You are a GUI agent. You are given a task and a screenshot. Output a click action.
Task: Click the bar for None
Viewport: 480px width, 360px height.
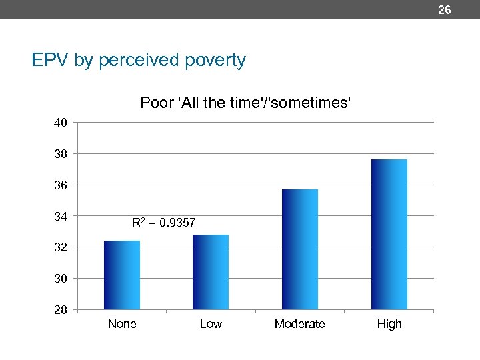pyautogui.click(x=122, y=275)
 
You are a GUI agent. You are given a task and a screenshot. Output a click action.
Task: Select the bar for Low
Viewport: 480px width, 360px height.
pyautogui.click(x=211, y=272)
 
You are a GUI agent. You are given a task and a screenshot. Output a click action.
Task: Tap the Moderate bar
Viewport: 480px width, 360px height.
pyautogui.click(x=300, y=249)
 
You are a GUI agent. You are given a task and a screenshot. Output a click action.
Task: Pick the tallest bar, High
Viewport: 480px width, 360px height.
pyautogui.click(x=389, y=234)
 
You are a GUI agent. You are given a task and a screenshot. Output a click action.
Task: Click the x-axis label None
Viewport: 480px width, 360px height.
pyautogui.click(x=122, y=324)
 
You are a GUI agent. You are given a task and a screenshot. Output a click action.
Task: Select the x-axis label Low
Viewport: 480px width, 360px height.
pyautogui.click(x=211, y=324)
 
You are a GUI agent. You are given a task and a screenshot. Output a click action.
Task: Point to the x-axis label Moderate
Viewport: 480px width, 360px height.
pyautogui.click(x=300, y=324)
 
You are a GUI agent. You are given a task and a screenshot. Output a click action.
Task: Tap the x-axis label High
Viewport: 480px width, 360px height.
pyautogui.click(x=389, y=324)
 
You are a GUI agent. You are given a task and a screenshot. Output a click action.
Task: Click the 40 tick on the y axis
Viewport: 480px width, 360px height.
pyautogui.click(x=61, y=123)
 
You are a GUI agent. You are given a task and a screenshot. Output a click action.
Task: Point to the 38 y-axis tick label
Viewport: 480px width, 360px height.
pyautogui.click(x=61, y=154)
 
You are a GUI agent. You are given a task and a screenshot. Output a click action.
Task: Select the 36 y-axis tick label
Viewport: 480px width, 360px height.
pyautogui.click(x=61, y=185)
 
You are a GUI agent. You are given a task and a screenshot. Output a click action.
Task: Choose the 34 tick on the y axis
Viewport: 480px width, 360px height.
pyautogui.click(x=61, y=216)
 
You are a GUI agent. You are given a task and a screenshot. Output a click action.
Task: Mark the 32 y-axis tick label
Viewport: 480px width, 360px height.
pyautogui.click(x=61, y=247)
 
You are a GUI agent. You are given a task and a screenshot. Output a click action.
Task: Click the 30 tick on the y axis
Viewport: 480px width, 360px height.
pyautogui.click(x=61, y=278)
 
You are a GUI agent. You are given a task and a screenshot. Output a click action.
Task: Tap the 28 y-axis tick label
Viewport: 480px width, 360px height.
pyautogui.click(x=61, y=309)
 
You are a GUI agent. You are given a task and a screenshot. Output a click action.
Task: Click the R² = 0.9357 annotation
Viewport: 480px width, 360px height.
pyautogui.click(x=164, y=223)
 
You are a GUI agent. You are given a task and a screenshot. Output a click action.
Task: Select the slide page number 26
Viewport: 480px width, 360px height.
pyautogui.click(x=444, y=10)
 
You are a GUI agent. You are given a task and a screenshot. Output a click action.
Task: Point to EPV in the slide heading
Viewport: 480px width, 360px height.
pyautogui.click(x=51, y=61)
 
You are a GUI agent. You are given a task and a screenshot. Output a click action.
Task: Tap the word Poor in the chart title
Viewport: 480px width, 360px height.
pyautogui.click(x=154, y=103)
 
